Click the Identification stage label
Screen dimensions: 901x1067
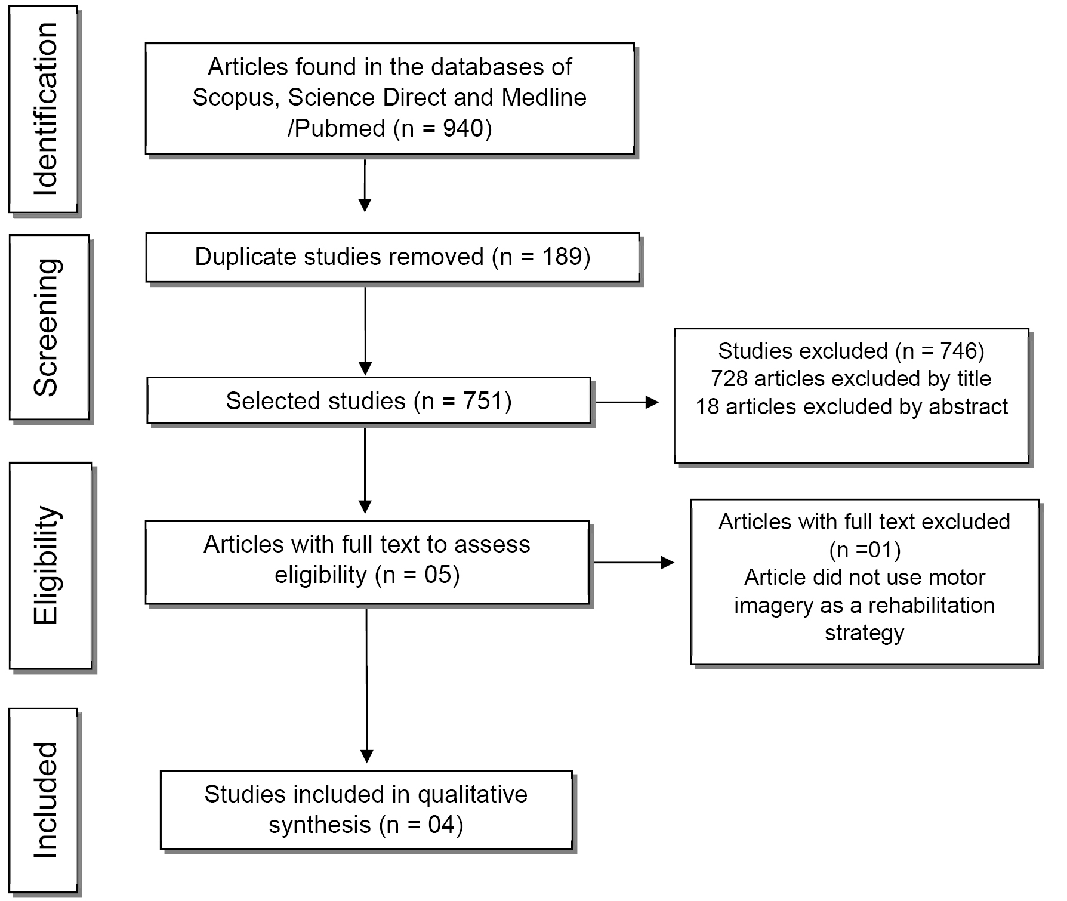pos(45,109)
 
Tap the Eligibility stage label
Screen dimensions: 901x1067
pos(47,565)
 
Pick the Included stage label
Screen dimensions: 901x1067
pos(45,800)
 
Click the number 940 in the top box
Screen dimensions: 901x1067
pos(462,128)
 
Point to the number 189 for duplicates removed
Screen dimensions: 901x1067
pos(562,257)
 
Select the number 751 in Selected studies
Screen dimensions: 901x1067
pos(483,401)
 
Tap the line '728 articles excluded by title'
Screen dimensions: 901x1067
pos(851,378)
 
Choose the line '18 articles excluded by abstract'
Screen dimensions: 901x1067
pos(851,407)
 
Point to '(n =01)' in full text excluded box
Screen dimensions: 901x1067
pos(865,550)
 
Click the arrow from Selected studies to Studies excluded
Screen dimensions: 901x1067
pos(627,403)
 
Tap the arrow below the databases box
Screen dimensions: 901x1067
pos(365,185)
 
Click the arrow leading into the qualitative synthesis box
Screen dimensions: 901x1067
pos(366,686)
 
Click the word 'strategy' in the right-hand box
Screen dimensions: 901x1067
pos(864,632)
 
